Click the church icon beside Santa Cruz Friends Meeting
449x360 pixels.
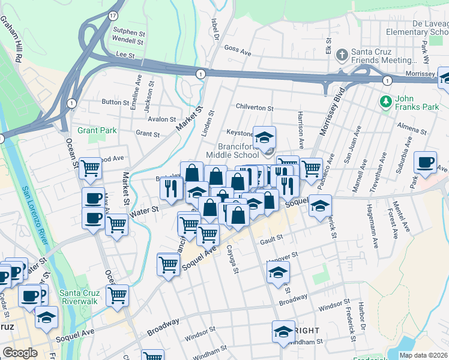point(342,56)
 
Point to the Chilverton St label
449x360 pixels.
point(255,109)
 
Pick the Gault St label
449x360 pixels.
point(271,241)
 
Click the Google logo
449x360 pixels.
point(20,353)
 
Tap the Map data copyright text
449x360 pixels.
point(424,355)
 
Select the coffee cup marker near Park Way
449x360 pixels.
point(426,162)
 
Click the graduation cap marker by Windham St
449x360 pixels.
point(283,332)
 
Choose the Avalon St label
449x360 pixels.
point(161,119)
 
